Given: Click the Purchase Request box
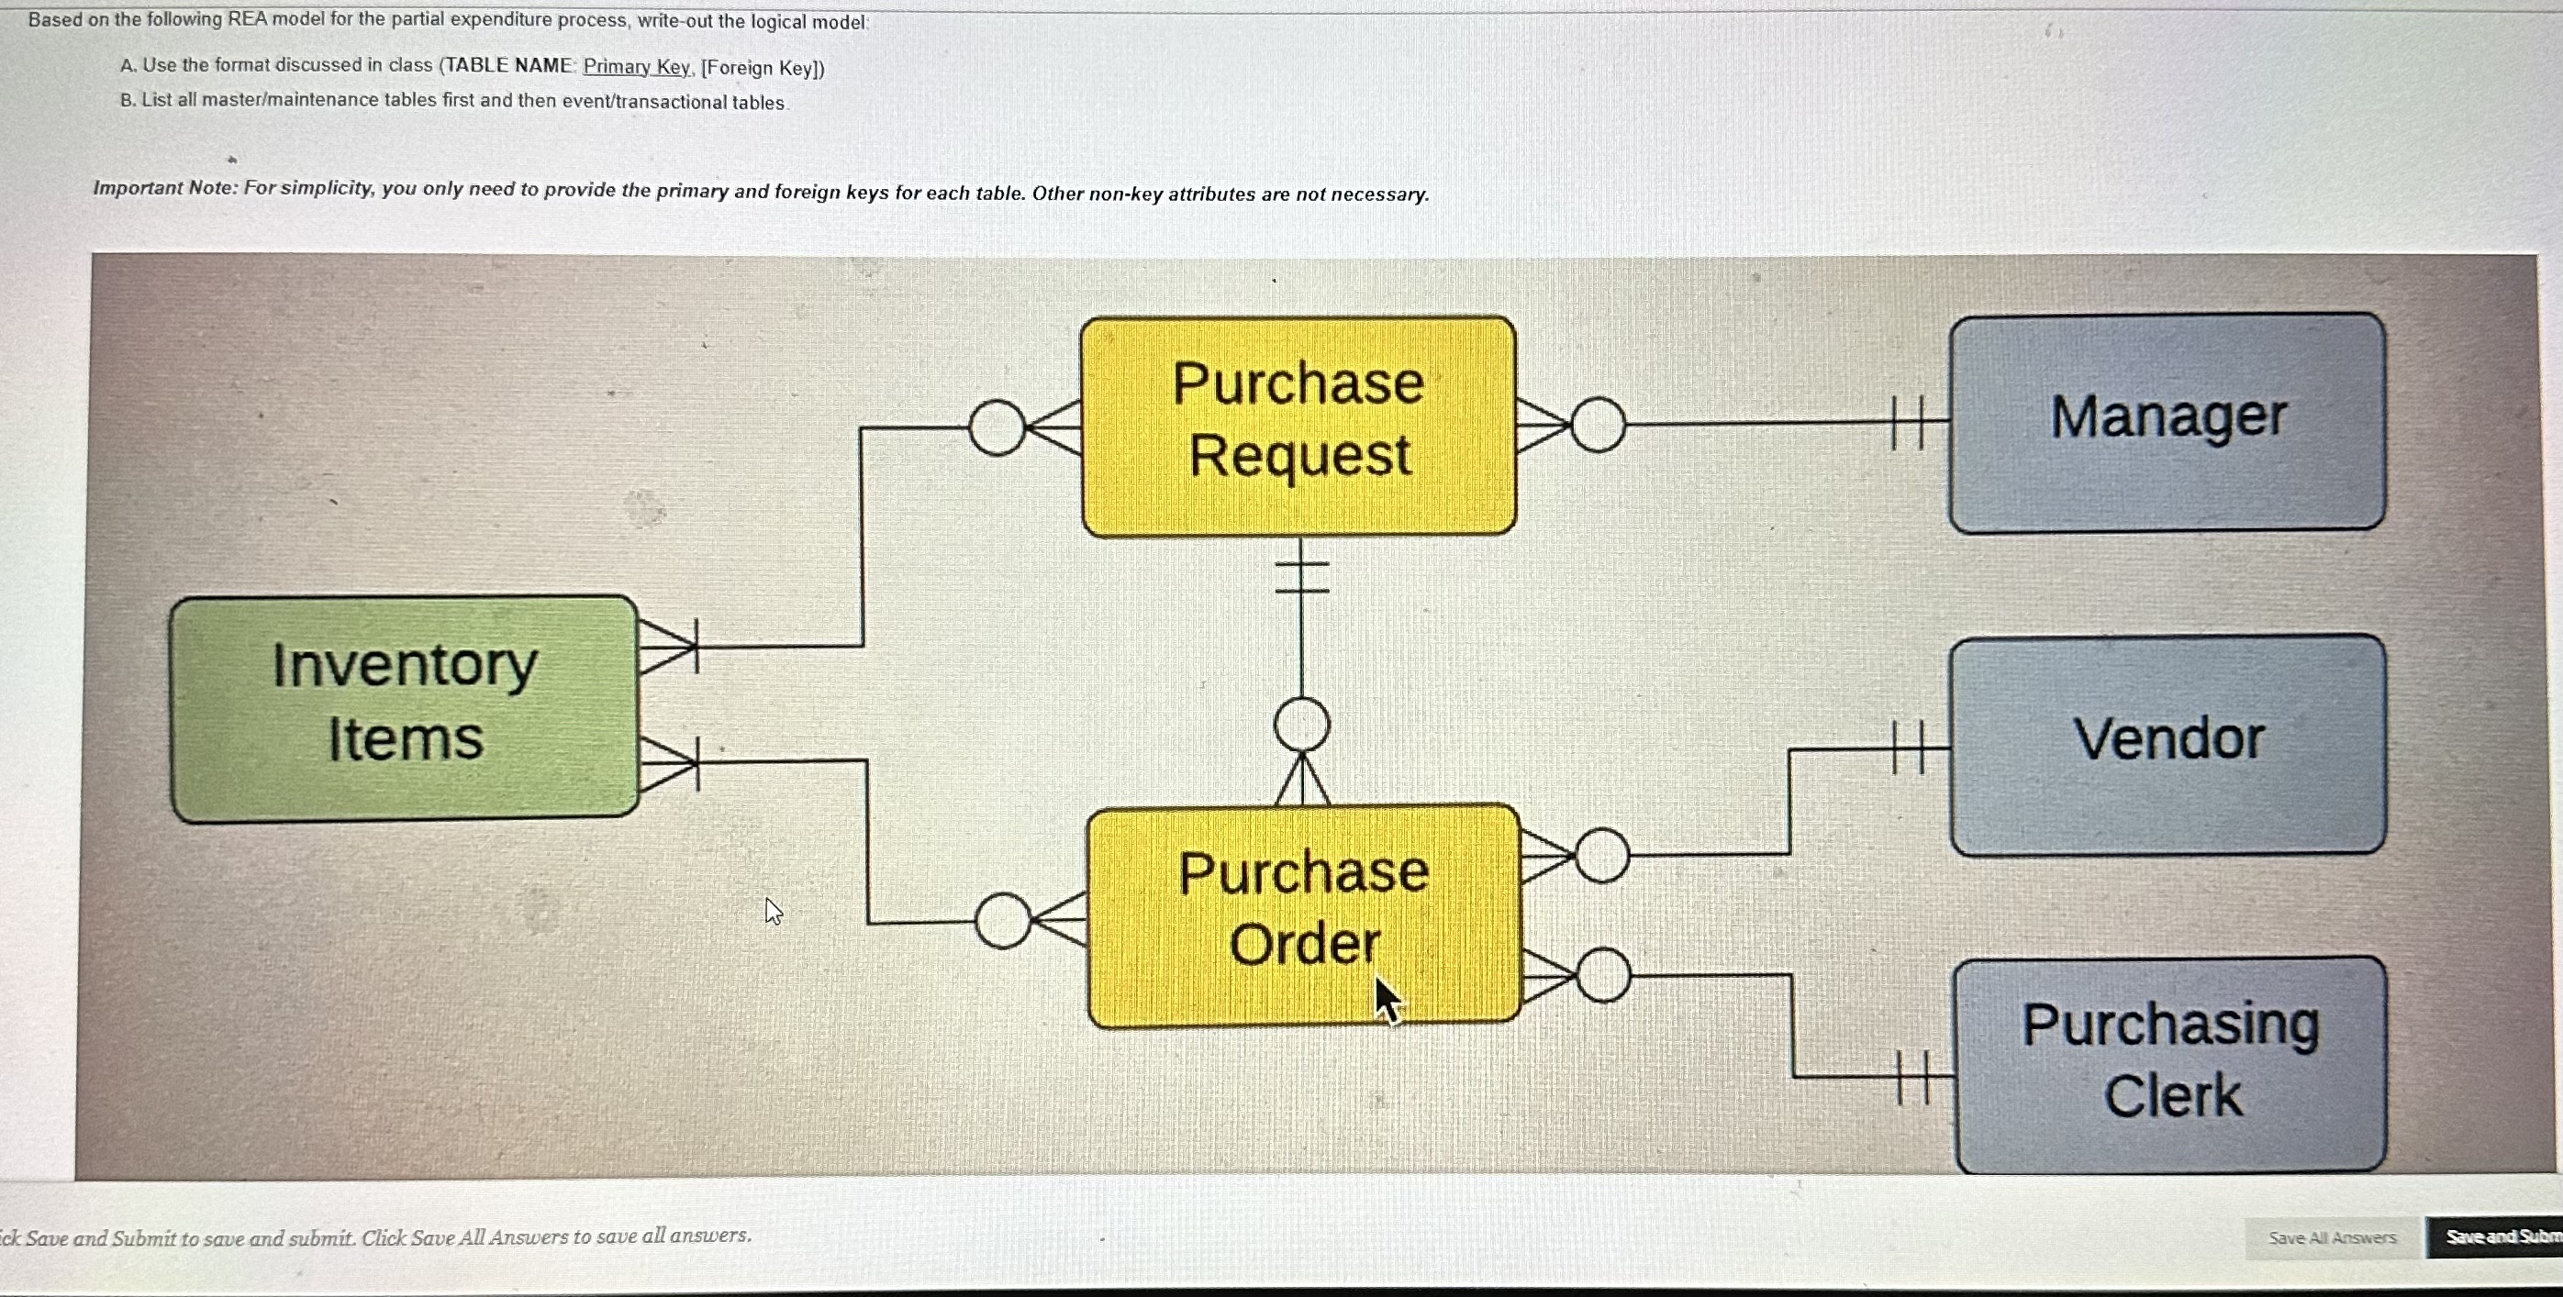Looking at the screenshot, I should pos(1298,426).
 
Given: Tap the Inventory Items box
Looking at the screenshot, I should pos(404,708).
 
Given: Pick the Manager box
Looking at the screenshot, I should pos(2166,423).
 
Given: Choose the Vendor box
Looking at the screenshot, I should pos(2167,744).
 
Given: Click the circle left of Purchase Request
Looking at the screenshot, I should pos(996,427).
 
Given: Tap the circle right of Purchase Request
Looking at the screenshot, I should pos(1598,425).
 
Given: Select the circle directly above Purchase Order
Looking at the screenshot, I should pos(1301,724).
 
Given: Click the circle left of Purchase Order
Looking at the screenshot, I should pos(1003,921).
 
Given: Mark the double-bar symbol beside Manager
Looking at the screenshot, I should pos(1905,423).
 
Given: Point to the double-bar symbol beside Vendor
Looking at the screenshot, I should pos(1906,748).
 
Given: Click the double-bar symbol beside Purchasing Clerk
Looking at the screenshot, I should pos(1912,1077).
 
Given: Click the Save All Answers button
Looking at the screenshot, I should pos(2331,1237).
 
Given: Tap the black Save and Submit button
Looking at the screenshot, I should pos(2497,1236).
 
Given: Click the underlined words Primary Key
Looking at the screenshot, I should pos(636,67).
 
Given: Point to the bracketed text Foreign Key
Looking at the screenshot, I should pos(763,68).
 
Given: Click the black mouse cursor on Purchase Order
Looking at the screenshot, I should pos(1386,999).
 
